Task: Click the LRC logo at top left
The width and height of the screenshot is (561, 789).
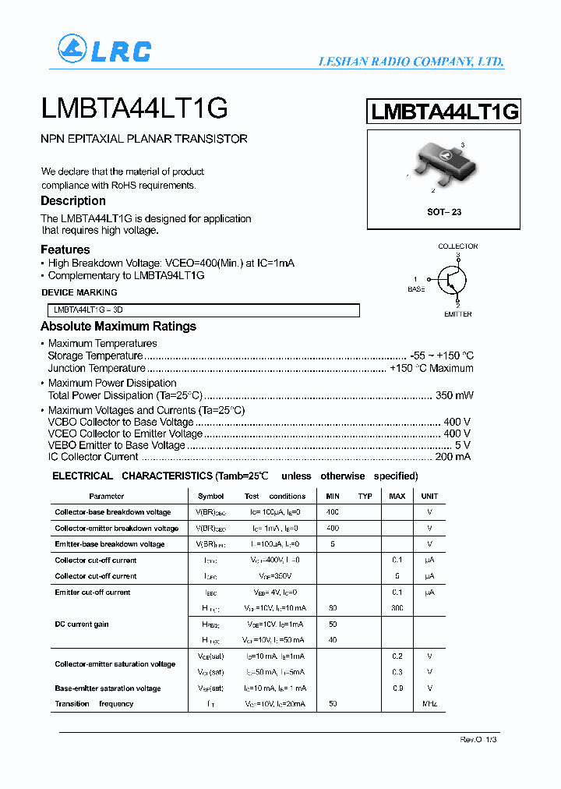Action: [x=104, y=50]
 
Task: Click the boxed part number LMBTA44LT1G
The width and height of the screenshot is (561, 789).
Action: [x=444, y=112]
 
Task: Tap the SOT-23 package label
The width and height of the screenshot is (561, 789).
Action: [x=444, y=212]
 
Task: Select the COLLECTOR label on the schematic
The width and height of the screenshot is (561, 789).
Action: [x=457, y=246]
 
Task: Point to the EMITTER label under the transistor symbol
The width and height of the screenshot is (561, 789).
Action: [x=457, y=313]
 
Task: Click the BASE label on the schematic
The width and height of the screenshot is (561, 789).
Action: [x=417, y=289]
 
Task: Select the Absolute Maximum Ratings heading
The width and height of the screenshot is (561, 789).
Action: [x=118, y=327]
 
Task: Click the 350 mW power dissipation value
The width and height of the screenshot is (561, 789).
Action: [x=455, y=395]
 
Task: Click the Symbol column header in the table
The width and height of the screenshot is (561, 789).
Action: [x=210, y=496]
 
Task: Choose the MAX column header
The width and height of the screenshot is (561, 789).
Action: [x=397, y=496]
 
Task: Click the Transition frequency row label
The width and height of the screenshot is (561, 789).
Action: [x=94, y=704]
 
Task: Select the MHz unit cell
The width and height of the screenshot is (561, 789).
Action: [x=429, y=704]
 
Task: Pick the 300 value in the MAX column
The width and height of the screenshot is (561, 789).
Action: [x=397, y=608]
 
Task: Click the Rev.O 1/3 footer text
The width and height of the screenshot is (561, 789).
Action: [x=478, y=739]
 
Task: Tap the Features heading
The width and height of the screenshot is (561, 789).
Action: [x=65, y=249]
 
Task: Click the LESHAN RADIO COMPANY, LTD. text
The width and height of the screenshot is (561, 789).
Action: [x=411, y=62]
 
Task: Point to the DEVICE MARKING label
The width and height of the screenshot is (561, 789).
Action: [x=79, y=292]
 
